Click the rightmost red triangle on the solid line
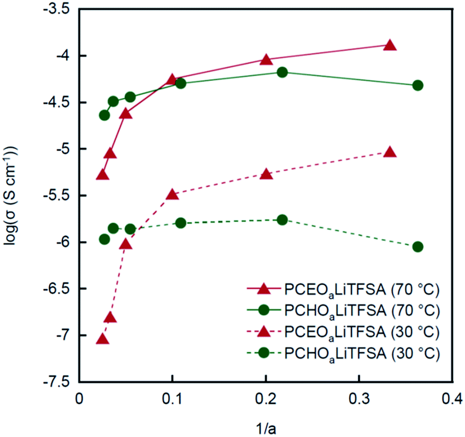coord(390,45)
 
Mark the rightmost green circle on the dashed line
coord(417,247)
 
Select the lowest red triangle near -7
coord(102,339)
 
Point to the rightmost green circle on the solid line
coord(417,85)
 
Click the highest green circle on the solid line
coord(282,72)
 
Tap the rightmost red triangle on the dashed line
coord(390,152)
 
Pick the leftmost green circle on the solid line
coord(104,115)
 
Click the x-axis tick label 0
coord(79,398)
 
